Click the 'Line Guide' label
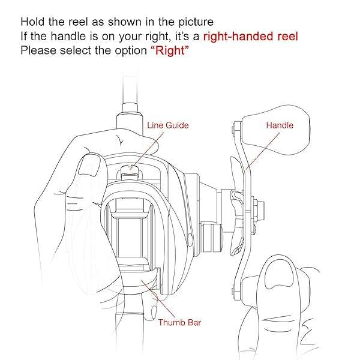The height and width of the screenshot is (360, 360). [x=168, y=125]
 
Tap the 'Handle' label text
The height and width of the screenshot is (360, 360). [x=280, y=125]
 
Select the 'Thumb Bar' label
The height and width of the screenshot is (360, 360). [x=179, y=323]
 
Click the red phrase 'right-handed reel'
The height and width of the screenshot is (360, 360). [x=251, y=37]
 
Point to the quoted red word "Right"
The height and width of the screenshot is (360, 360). [x=170, y=50]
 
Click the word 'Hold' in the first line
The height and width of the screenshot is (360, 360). [x=32, y=22]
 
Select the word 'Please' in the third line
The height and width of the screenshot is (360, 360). [x=38, y=50]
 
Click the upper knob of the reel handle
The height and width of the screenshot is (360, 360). [x=275, y=130]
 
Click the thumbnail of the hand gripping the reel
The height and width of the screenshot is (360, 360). [x=89, y=165]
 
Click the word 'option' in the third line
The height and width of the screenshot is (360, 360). [x=131, y=51]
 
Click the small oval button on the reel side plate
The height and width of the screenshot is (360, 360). [x=190, y=240]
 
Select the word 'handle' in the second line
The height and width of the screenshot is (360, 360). [x=68, y=36]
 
